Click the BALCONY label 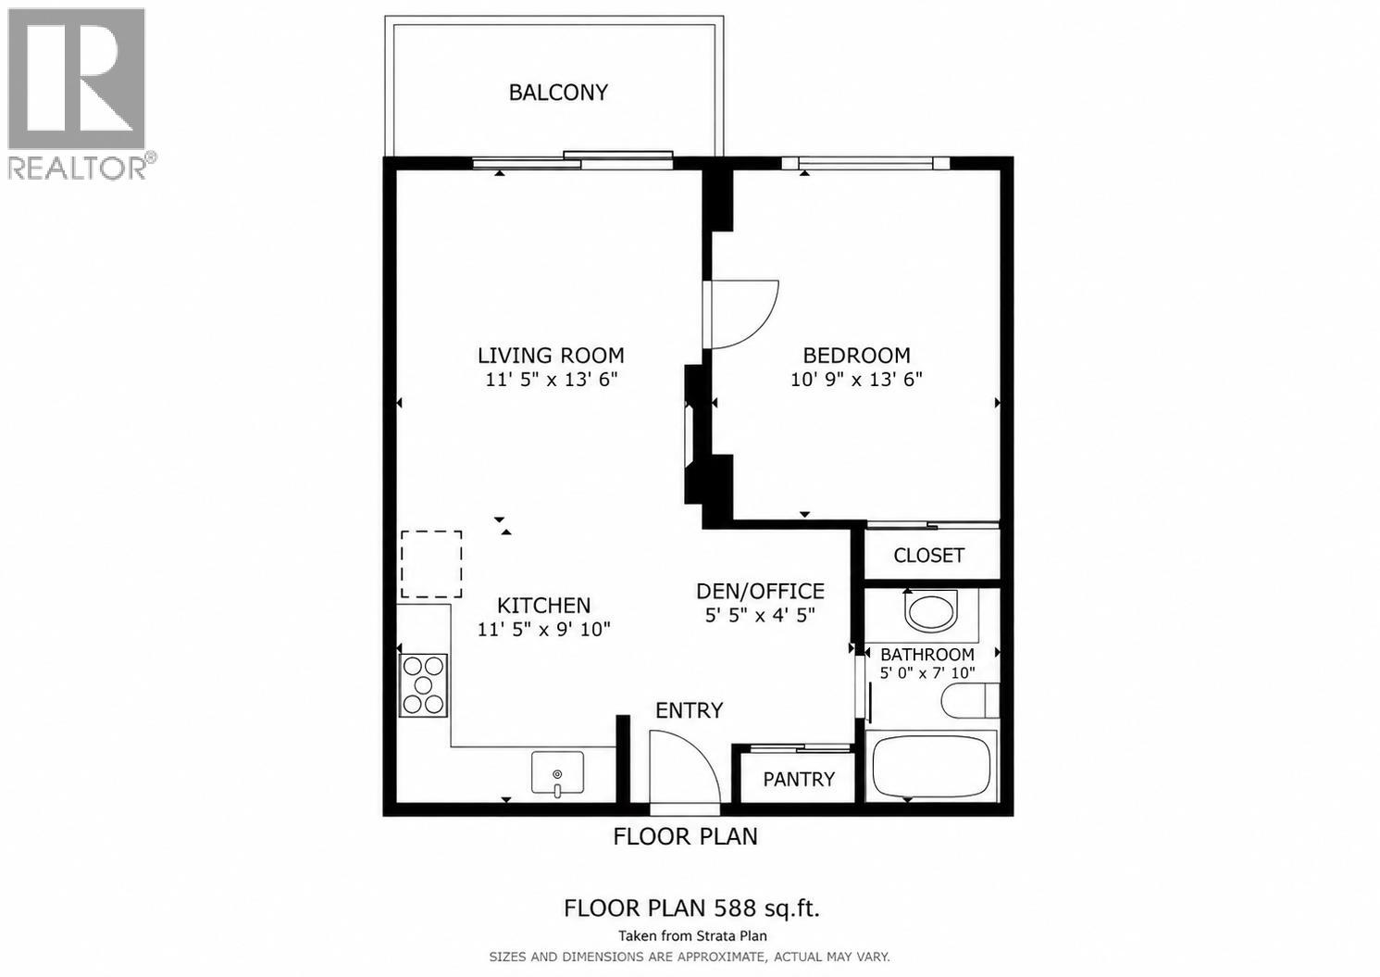(x=558, y=93)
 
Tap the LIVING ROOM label (x=551, y=356)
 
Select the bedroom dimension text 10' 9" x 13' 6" (x=856, y=380)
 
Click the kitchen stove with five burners (x=424, y=685)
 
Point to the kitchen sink (x=557, y=772)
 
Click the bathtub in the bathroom (x=931, y=766)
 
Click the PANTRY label (x=799, y=780)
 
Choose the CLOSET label (x=928, y=556)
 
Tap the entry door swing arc (x=685, y=764)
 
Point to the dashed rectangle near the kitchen (x=431, y=564)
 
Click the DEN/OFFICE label (x=760, y=591)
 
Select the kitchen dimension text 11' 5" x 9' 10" (x=543, y=630)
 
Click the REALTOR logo (x=78, y=93)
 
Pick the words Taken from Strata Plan (x=692, y=936)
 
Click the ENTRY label (x=689, y=710)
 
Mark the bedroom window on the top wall (x=866, y=164)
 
